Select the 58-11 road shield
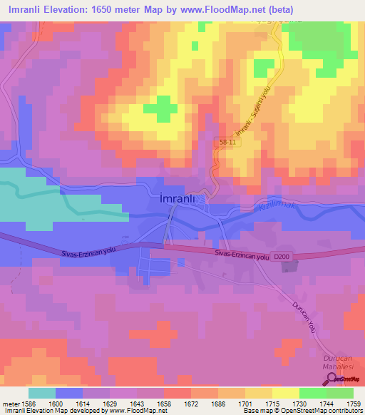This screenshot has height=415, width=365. point(225,144)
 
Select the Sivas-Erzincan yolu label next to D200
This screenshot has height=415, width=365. point(241,255)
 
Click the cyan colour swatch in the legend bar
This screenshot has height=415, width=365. point(41,393)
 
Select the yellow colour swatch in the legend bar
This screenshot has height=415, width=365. point(285,393)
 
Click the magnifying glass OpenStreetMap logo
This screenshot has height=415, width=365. point(331,379)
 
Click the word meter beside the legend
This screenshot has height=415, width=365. point(11,403)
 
